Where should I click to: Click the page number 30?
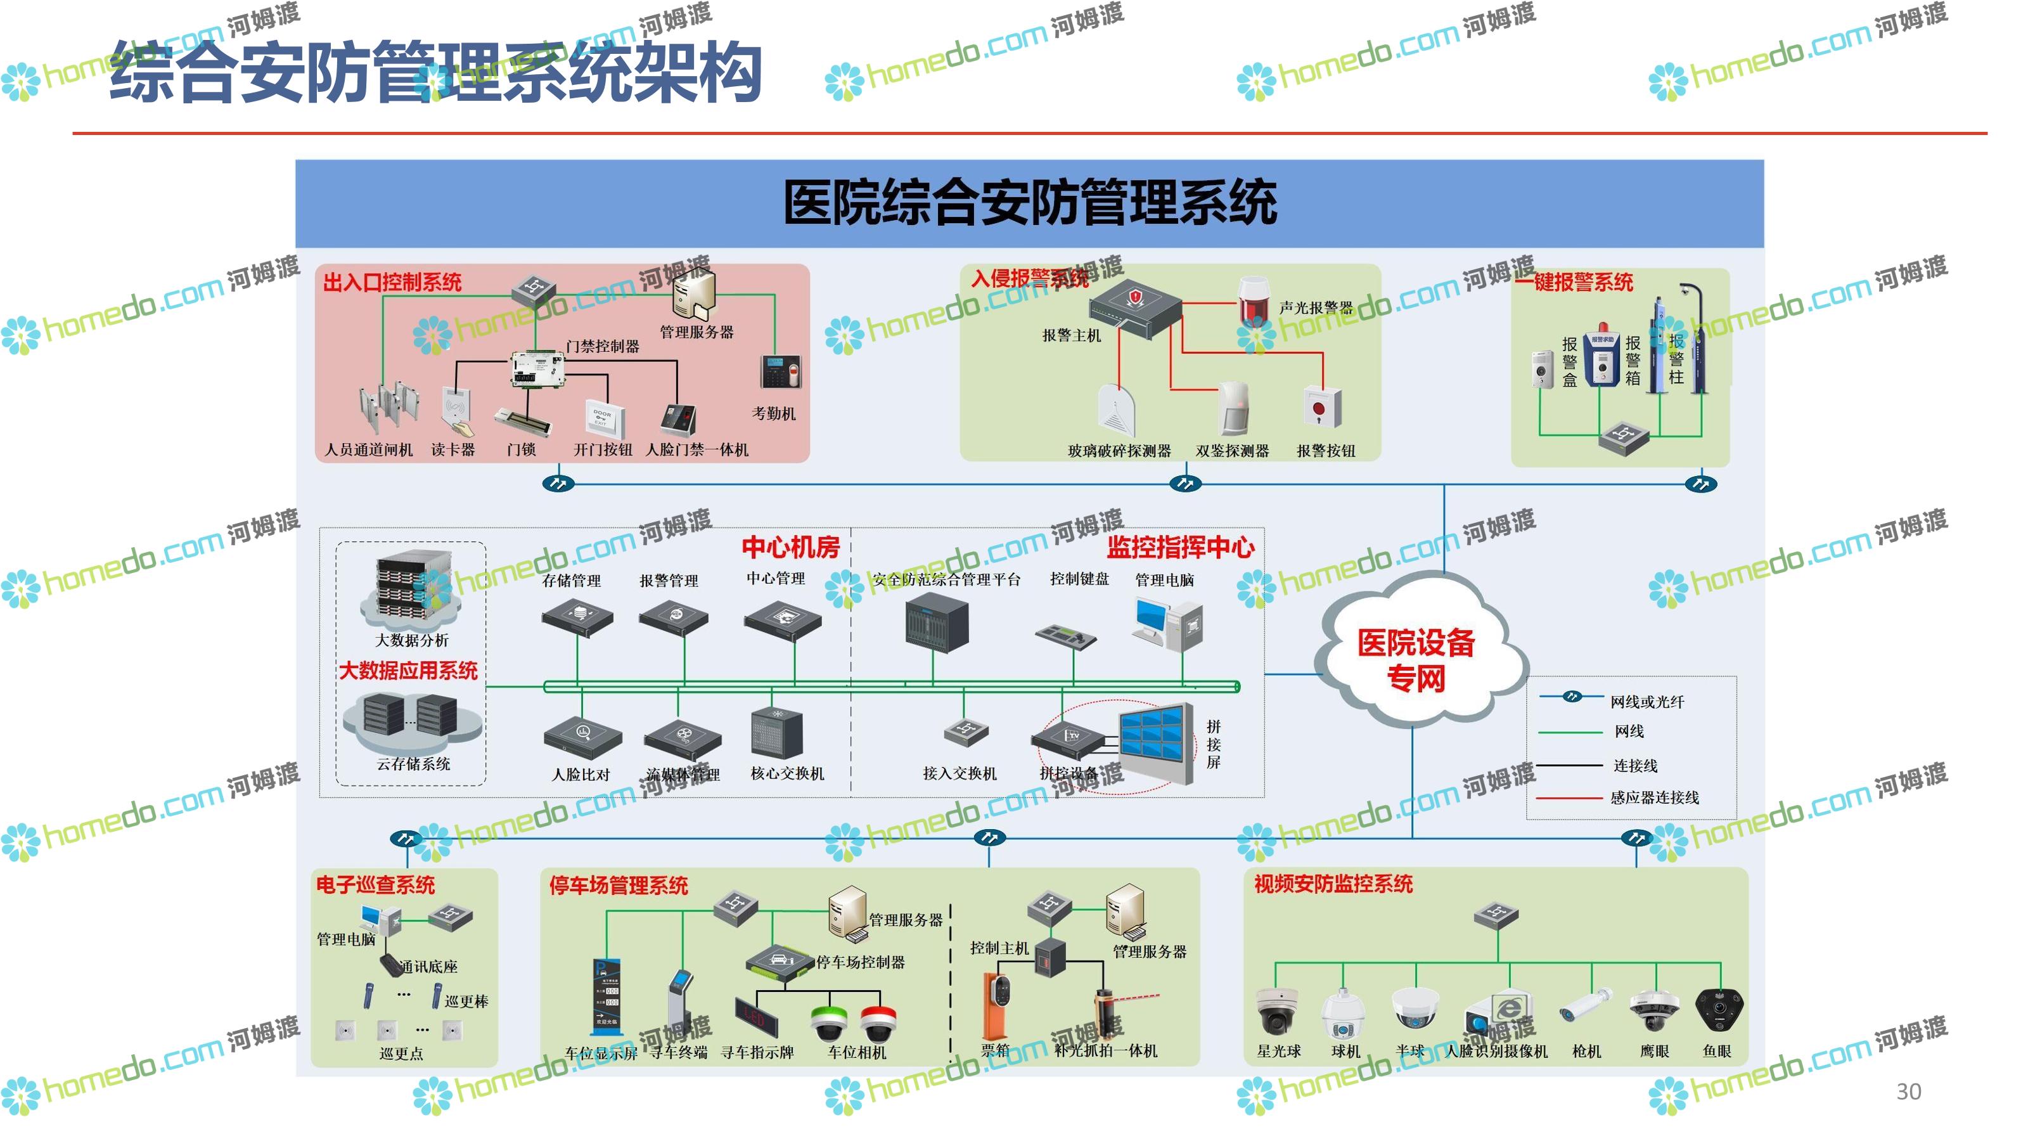point(1908,1092)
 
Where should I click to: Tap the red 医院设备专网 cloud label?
point(1416,660)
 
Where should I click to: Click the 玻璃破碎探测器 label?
point(1119,451)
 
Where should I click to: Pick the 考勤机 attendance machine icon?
point(780,371)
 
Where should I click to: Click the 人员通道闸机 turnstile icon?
point(386,408)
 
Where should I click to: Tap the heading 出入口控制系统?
point(392,282)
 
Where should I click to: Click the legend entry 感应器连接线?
point(1653,797)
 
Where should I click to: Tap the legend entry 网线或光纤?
point(1646,702)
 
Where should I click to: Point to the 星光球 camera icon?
point(1277,1011)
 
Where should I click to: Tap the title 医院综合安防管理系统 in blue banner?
point(1029,203)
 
